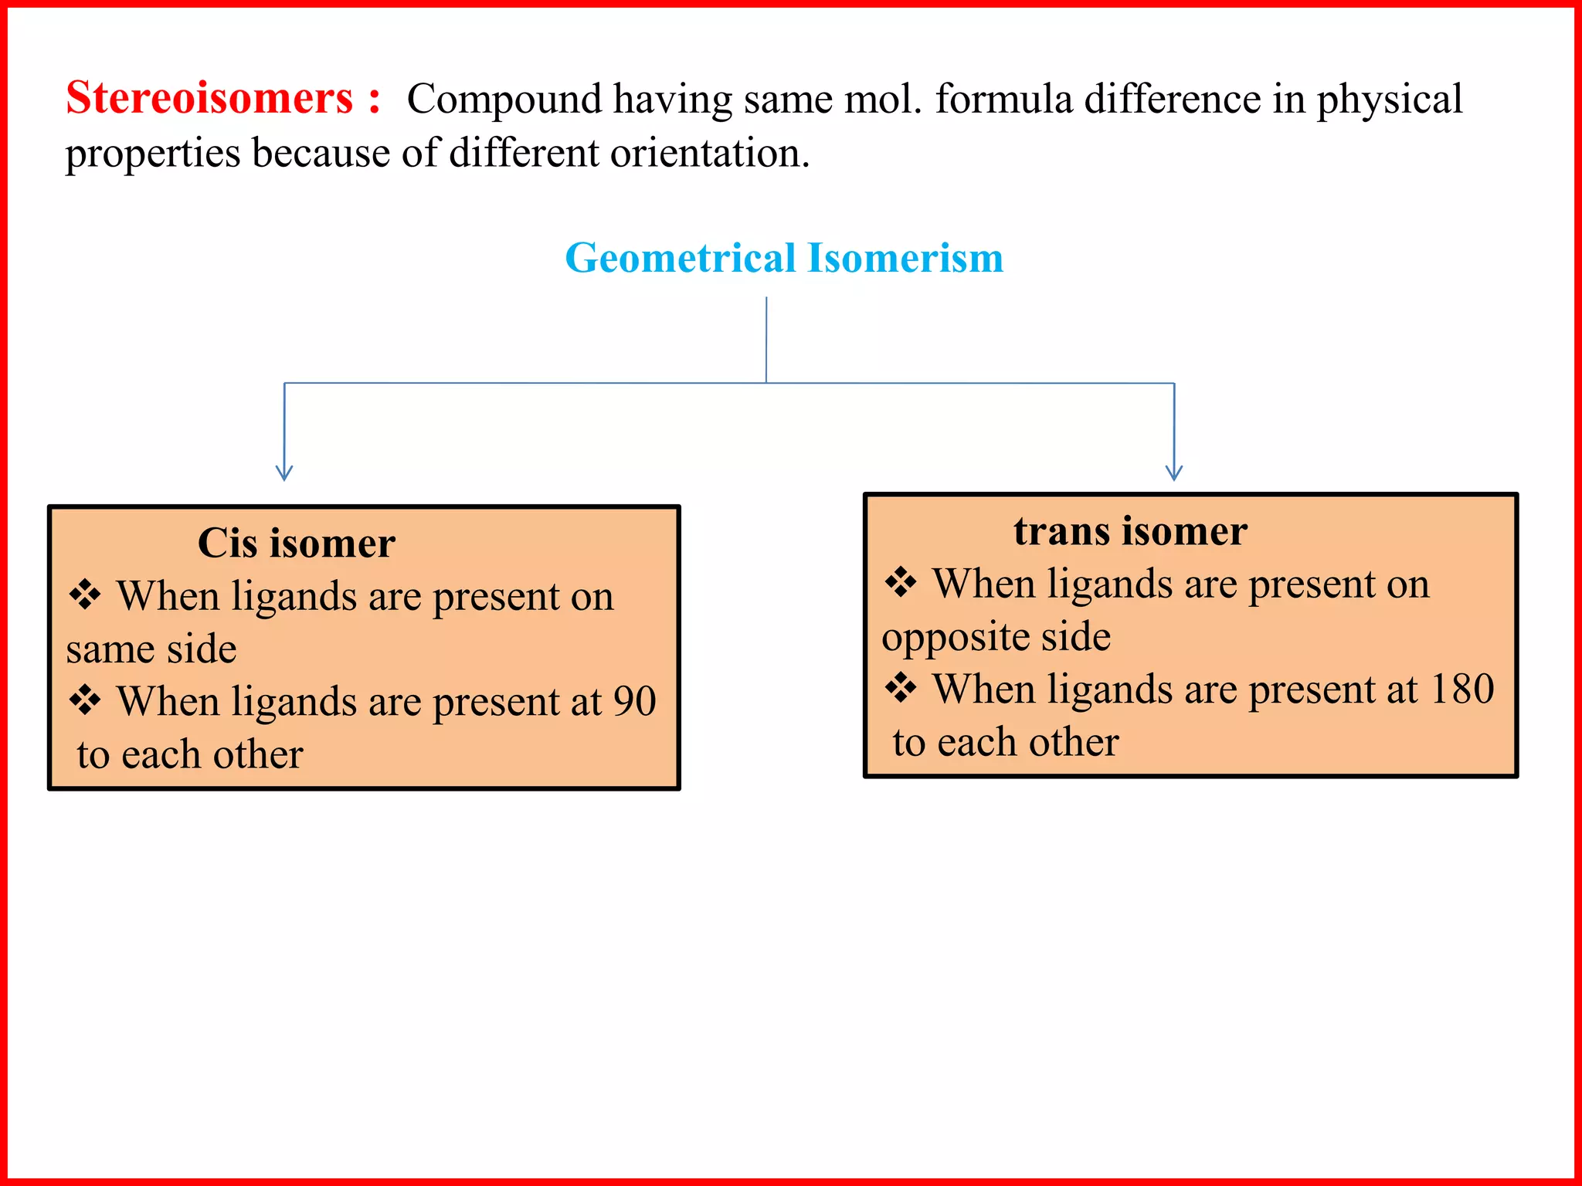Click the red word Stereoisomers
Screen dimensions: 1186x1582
click(x=209, y=99)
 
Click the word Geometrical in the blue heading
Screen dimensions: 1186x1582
click(x=681, y=258)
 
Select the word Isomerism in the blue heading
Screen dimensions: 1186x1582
click(x=905, y=258)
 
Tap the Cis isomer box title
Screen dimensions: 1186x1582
click(x=297, y=543)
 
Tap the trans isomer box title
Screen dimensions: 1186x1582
click(x=1130, y=531)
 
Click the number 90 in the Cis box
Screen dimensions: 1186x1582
click(x=634, y=701)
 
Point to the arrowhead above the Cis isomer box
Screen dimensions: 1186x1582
click(x=284, y=473)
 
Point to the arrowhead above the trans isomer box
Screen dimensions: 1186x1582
click(x=1174, y=473)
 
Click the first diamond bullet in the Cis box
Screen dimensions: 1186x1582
click(x=85, y=595)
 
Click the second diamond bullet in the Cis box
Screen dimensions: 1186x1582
click(x=85, y=700)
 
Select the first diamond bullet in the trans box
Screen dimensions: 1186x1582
click(x=901, y=582)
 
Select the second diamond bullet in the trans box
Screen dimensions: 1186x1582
click(x=901, y=687)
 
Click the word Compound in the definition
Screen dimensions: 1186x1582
click(x=504, y=100)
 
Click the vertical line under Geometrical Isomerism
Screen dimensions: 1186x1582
click(x=766, y=340)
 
